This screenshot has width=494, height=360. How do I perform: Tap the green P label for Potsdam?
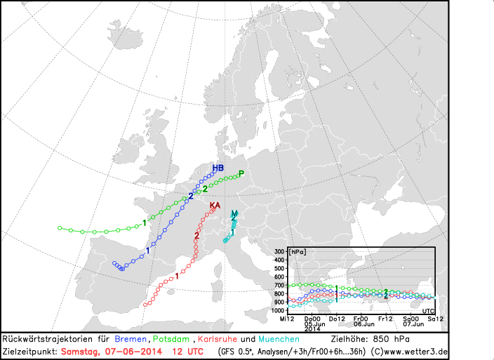click(241, 174)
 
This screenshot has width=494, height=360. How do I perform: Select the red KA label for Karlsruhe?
click(215, 205)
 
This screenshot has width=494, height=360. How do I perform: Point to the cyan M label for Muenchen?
click(234, 213)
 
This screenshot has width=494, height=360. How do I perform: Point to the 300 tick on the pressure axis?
click(279, 251)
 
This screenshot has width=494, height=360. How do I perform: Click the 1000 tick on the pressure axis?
click(277, 310)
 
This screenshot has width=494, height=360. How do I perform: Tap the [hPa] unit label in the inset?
click(298, 251)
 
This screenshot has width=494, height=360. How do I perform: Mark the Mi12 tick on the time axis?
click(286, 319)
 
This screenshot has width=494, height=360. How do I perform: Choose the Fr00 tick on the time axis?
click(361, 319)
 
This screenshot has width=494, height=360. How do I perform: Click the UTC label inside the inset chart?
click(428, 309)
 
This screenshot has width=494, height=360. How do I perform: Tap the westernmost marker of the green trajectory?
click(60, 228)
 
